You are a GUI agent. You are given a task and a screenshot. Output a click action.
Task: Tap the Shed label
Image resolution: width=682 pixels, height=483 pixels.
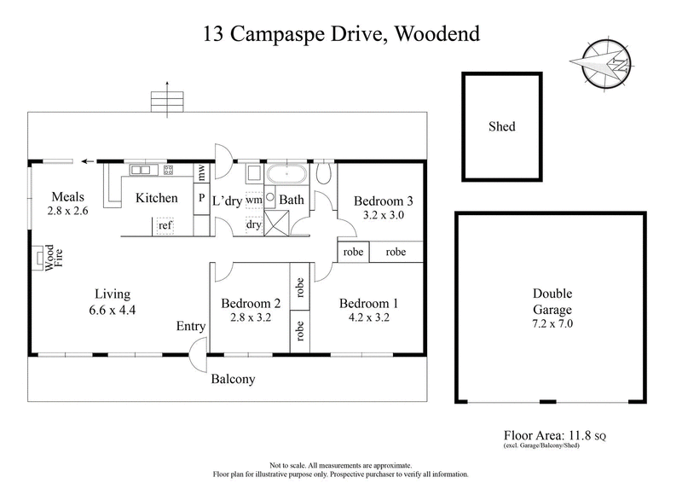click(501, 127)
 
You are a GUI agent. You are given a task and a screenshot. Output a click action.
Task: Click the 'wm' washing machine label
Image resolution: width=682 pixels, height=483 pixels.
click(253, 199)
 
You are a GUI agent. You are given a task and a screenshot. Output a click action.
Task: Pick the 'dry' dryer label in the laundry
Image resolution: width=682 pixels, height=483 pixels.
click(253, 225)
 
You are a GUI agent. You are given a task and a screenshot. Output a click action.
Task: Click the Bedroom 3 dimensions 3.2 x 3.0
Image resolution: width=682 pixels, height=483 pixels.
click(383, 216)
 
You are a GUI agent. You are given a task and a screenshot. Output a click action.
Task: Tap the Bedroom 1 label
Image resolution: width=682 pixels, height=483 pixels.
click(368, 303)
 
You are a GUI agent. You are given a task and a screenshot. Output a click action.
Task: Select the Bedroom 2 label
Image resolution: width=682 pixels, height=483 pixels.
click(251, 303)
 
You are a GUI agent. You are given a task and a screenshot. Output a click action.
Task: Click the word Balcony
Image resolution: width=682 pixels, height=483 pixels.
click(234, 379)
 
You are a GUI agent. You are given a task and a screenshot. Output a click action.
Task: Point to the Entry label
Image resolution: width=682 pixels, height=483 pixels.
click(190, 327)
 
